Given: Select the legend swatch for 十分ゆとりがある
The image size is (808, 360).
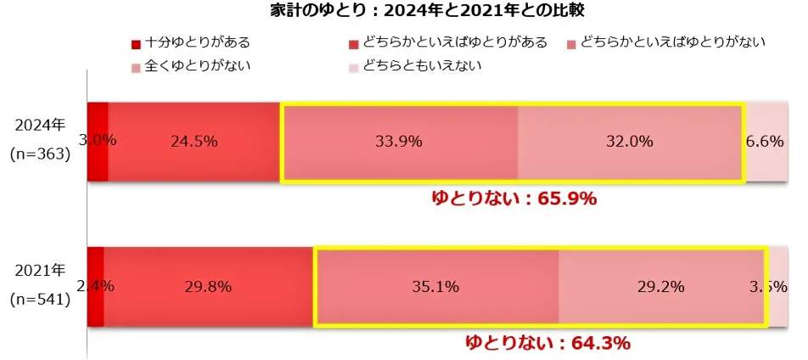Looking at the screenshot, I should (135, 43).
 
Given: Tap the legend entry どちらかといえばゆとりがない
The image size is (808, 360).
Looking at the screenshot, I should (672, 42).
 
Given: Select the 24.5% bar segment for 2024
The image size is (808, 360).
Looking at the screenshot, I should (194, 142).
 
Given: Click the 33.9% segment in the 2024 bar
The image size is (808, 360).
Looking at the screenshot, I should (399, 142).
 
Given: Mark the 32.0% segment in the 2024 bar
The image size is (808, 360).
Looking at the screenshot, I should (629, 142).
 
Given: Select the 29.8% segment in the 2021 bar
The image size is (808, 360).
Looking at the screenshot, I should (208, 287).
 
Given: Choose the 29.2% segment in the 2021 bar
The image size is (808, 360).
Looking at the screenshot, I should (660, 287).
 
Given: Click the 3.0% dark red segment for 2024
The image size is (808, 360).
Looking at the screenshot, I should (98, 142).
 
